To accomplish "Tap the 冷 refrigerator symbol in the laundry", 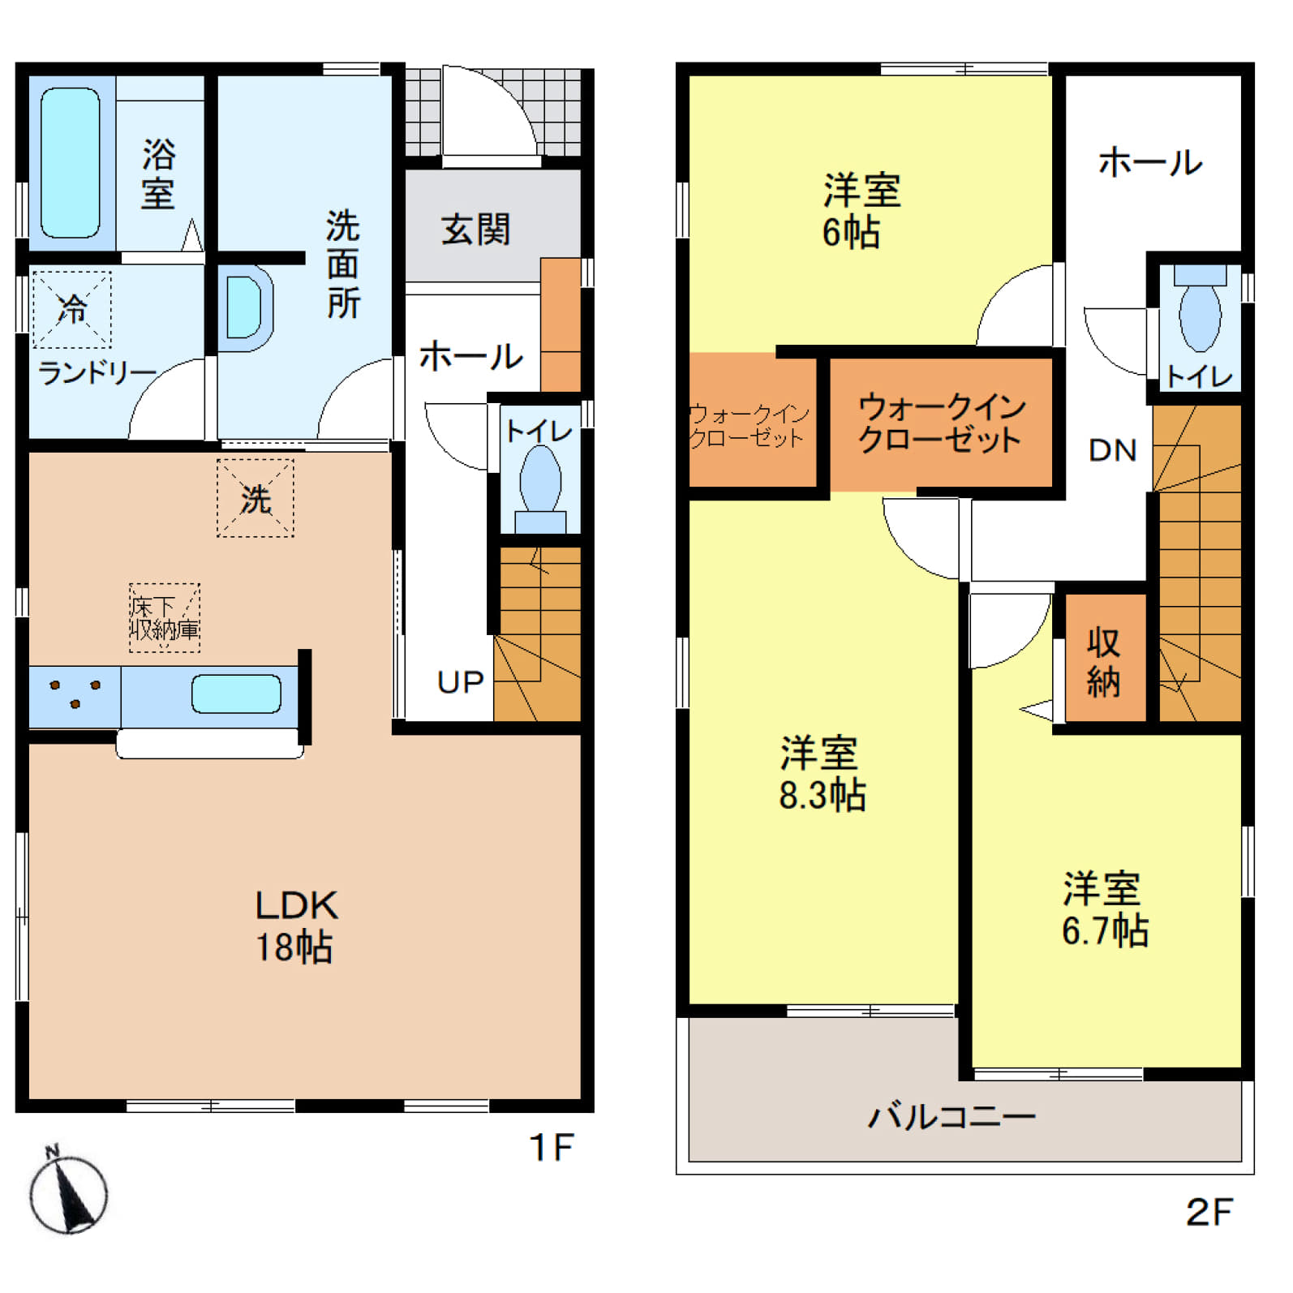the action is point(72,309).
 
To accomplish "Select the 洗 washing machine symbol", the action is point(256,498).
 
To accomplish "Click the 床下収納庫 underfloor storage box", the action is point(165,618).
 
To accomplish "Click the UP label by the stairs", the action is point(460,682).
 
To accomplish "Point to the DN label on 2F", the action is point(1113,450).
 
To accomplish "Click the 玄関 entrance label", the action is point(476,230).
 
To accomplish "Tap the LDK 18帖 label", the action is point(296,926).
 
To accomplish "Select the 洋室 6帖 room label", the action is point(861,210).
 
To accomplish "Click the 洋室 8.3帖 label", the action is point(822,774).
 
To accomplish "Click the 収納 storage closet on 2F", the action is point(1105,658).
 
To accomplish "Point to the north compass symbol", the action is point(68,1192).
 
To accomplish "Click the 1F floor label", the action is point(552,1148).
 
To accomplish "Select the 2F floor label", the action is point(1209,1213).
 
